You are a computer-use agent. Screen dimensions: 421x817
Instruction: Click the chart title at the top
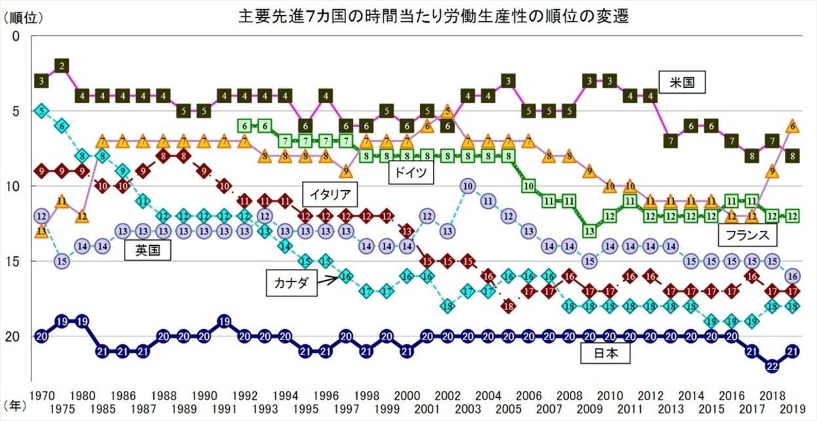point(433,16)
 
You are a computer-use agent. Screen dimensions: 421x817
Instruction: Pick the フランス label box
point(744,235)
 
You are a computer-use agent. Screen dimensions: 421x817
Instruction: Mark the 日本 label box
point(605,354)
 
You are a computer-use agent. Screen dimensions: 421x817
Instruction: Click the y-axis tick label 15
point(22,262)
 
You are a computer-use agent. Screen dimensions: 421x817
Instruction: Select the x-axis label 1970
point(41,396)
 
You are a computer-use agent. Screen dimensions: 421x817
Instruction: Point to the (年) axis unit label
point(16,406)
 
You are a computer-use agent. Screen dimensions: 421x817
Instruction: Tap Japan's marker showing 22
point(772,365)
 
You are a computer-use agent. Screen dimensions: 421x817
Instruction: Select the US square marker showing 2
point(62,66)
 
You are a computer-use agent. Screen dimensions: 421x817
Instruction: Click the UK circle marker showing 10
point(466,186)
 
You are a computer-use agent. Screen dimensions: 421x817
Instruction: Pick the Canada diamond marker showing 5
point(41,110)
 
